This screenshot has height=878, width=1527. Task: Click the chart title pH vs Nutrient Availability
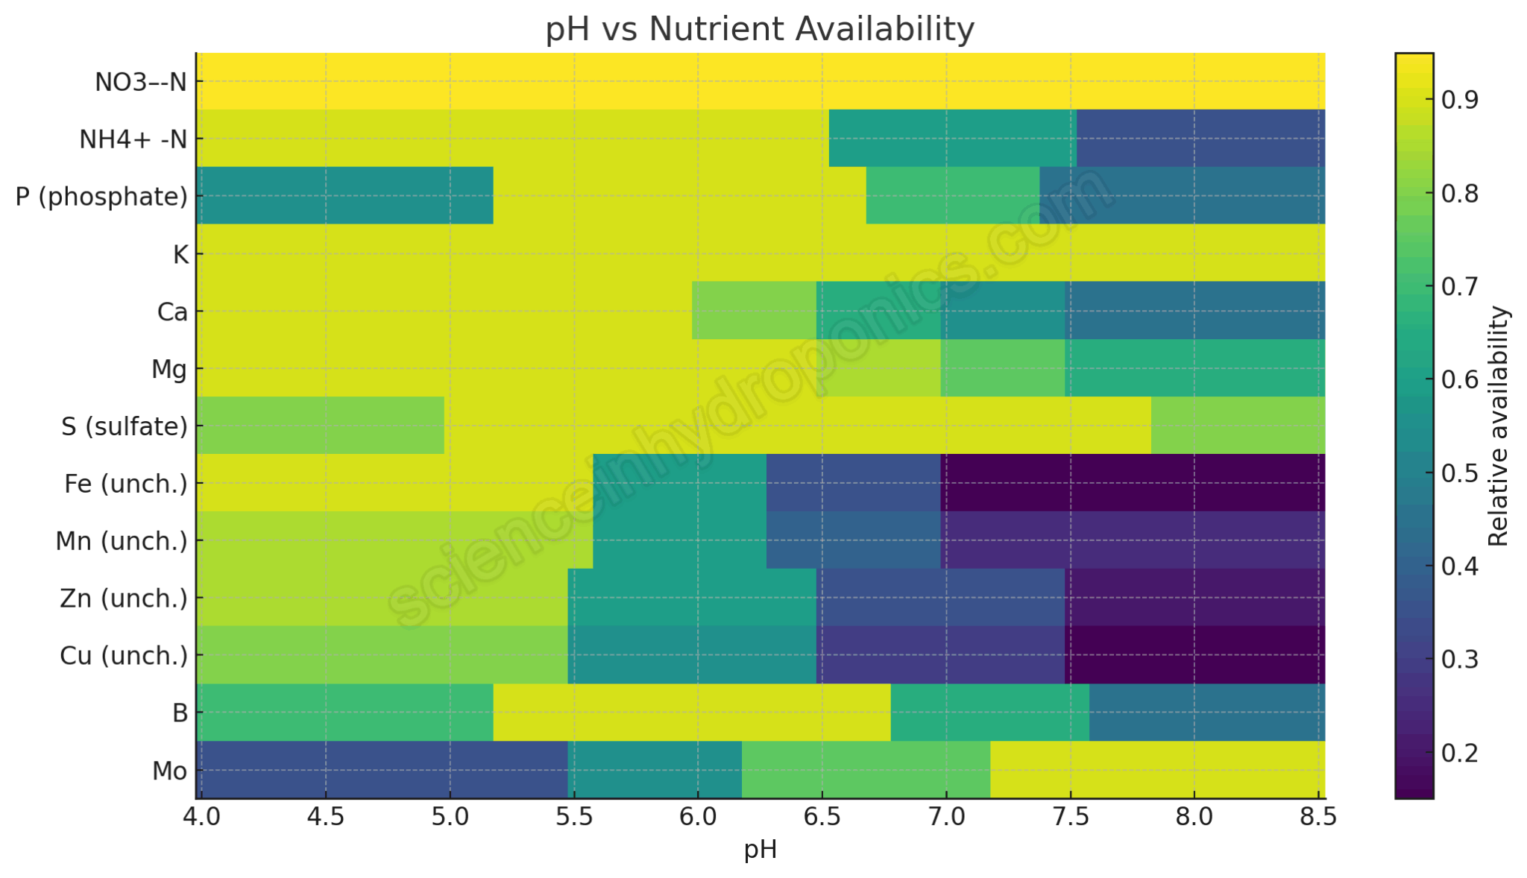[759, 30]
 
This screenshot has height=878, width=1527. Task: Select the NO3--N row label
[140, 82]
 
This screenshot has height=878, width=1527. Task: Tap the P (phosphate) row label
[101, 197]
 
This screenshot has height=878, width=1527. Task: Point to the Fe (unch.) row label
[125, 484]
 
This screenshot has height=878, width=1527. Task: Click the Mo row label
[169, 771]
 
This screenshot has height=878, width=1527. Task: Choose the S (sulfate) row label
[124, 426]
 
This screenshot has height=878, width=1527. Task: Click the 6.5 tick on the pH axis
[822, 818]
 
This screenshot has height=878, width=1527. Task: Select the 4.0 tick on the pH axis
[202, 818]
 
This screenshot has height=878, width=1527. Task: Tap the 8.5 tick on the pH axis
[1317, 818]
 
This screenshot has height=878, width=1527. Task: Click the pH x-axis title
[760, 850]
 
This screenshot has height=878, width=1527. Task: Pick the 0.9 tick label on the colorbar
[1459, 100]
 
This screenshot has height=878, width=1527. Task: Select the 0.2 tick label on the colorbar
[1459, 753]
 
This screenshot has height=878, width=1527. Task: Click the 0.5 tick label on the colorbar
[1459, 473]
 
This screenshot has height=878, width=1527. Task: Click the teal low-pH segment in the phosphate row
[344, 195]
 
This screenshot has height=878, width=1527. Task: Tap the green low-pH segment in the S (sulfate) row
[321, 425]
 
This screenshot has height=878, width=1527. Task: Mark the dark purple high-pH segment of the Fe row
[1132, 482]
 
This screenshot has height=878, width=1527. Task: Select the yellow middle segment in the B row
[691, 713]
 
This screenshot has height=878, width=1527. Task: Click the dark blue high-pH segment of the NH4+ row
[1200, 138]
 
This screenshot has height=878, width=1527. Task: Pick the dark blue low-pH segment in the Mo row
[382, 770]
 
